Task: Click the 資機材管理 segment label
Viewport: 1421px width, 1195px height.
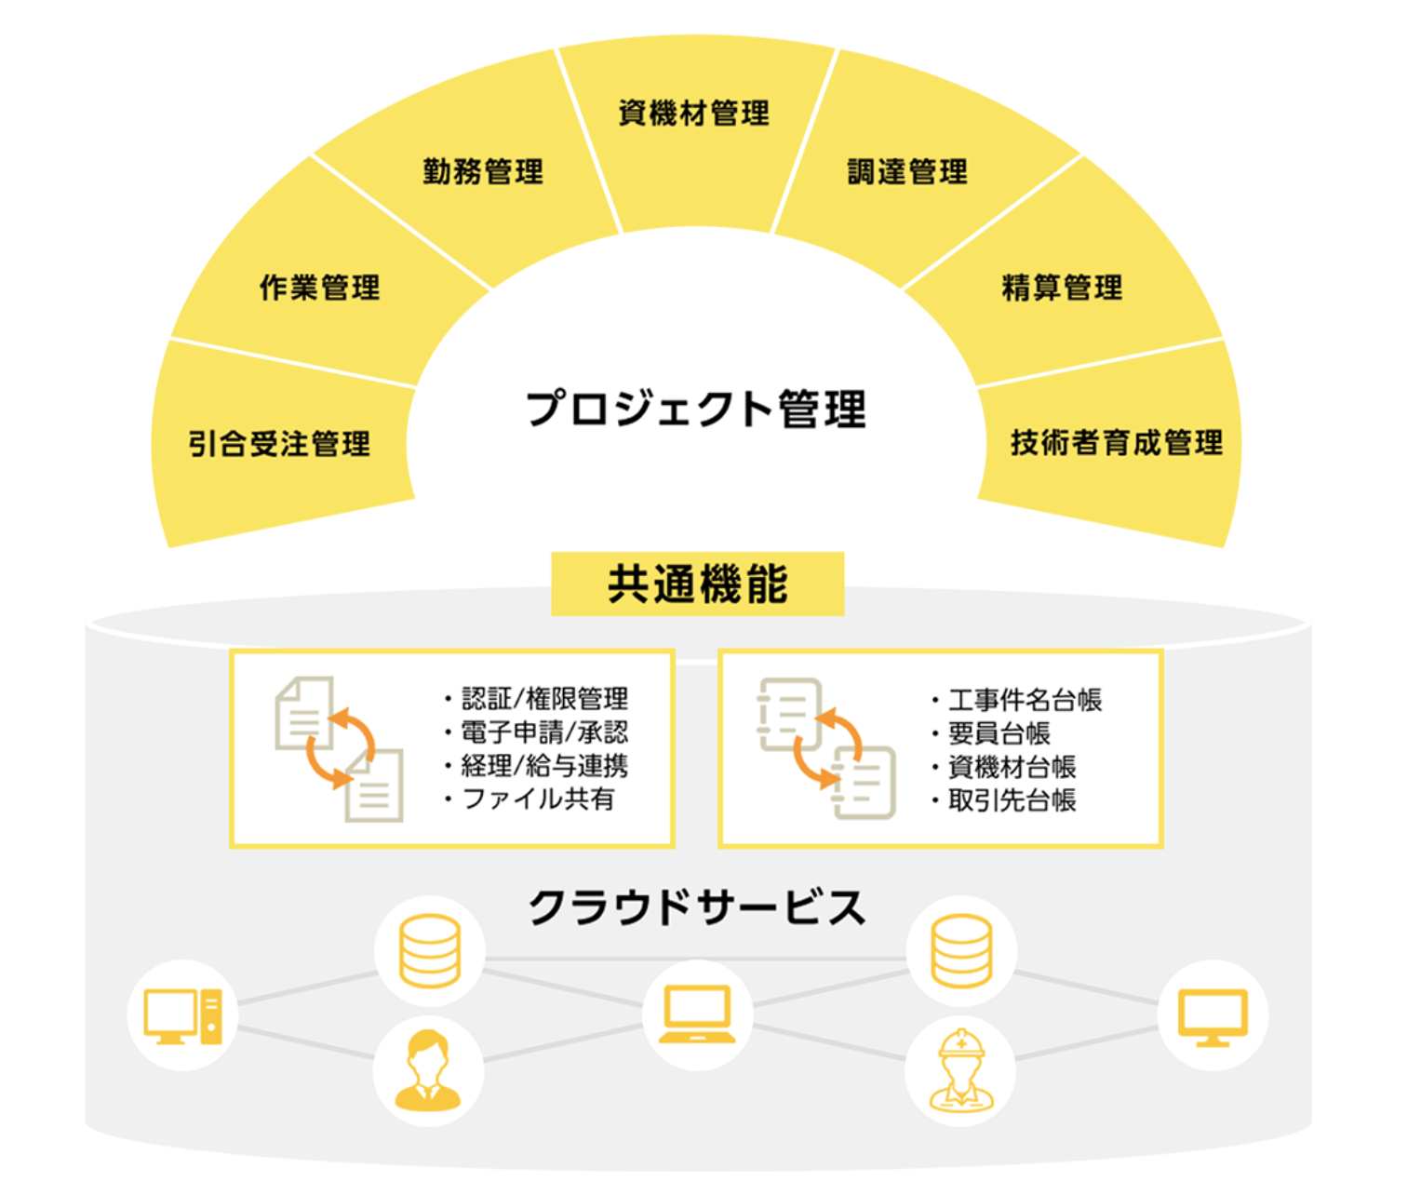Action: tap(693, 114)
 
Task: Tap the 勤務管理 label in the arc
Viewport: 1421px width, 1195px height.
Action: tap(482, 171)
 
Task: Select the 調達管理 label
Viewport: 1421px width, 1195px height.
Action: tap(906, 171)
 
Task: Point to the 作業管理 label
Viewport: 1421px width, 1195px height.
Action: tap(319, 288)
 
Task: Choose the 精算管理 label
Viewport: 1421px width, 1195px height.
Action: tap(1062, 288)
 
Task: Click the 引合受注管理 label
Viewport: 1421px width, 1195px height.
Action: tap(279, 444)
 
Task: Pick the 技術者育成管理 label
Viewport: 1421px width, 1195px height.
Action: tap(1116, 442)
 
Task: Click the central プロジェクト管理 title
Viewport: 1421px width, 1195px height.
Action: tap(695, 410)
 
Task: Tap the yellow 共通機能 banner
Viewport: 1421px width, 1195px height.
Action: tap(697, 584)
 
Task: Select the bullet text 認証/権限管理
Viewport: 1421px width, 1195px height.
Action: tap(544, 699)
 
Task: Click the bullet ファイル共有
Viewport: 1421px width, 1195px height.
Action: tap(538, 799)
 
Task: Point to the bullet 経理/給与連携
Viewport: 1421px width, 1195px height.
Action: tap(544, 766)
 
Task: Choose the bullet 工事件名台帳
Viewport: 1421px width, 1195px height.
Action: tap(1025, 700)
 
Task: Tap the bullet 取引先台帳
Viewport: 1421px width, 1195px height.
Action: tap(1012, 800)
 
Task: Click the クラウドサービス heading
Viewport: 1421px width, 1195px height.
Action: tap(697, 907)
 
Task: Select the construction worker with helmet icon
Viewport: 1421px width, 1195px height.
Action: tap(961, 1070)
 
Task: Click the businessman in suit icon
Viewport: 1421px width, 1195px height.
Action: tap(428, 1070)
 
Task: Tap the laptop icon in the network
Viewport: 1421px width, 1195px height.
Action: tap(697, 1014)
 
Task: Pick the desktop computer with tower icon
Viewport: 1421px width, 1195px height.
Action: tap(182, 1015)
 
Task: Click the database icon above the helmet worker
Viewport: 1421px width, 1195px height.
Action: tap(961, 950)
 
